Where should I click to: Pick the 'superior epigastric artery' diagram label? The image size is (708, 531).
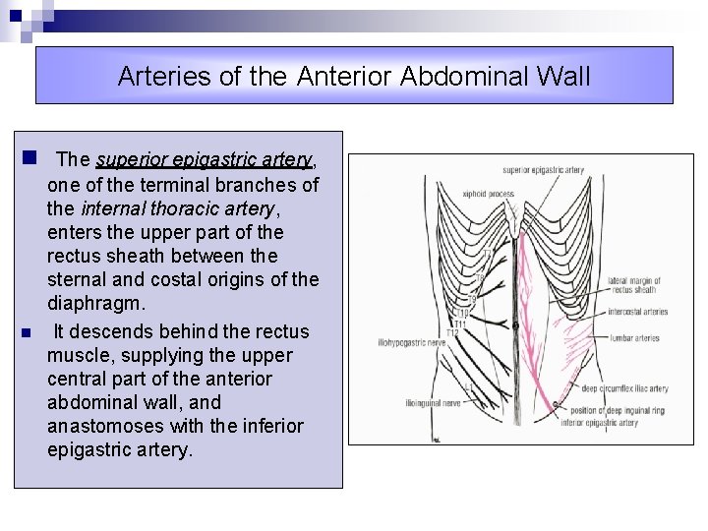[x=543, y=170]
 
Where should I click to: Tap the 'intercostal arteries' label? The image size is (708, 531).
[x=637, y=312]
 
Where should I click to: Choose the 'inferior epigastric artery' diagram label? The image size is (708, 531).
[x=599, y=423]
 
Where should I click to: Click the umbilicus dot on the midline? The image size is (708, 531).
[x=515, y=324]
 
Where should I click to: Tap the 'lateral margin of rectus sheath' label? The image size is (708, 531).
[x=634, y=285]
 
